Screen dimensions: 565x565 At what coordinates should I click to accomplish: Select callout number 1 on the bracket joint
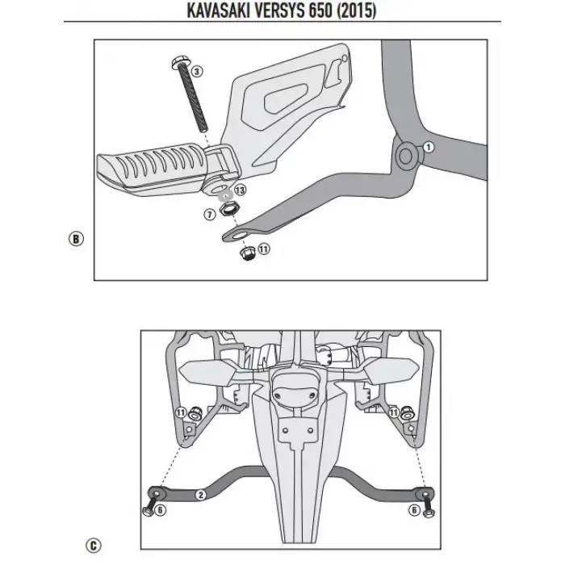tap(429, 148)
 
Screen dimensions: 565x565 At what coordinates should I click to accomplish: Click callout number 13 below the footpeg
tap(241, 191)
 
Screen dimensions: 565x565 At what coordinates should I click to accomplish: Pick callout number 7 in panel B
tap(210, 214)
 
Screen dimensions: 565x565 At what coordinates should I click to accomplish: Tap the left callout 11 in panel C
tap(180, 413)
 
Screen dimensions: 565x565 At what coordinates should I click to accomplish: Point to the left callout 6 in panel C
tap(160, 510)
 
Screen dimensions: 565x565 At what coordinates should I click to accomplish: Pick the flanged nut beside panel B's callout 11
tap(247, 252)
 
